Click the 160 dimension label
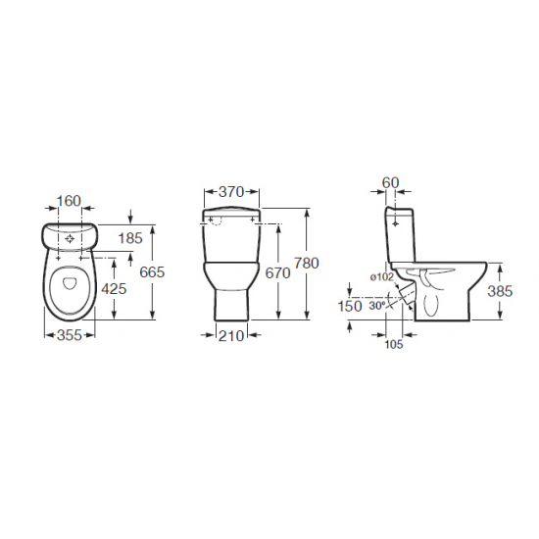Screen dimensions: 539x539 pyautogui.click(x=69, y=201)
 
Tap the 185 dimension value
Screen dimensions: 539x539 pyautogui.click(x=130, y=238)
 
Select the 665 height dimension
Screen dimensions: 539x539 pyautogui.click(x=152, y=272)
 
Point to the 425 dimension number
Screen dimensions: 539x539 pyautogui.click(x=114, y=289)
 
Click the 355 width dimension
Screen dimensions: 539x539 pyautogui.click(x=70, y=335)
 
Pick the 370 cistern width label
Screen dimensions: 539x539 pyautogui.click(x=231, y=192)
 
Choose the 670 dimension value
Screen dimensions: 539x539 pyautogui.click(x=277, y=273)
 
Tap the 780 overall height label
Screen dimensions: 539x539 pyautogui.click(x=307, y=263)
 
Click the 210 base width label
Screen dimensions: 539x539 pyautogui.click(x=231, y=335)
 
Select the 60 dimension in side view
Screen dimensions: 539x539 pyautogui.click(x=390, y=182)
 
